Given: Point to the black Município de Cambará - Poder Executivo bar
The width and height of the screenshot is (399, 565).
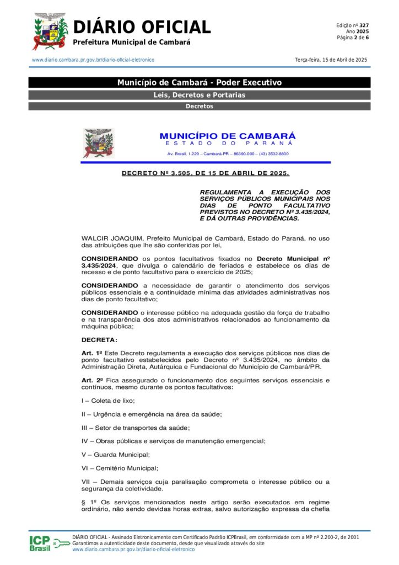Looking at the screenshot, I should click(x=199, y=83).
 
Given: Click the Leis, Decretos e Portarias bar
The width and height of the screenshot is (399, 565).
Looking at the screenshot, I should click(x=199, y=95).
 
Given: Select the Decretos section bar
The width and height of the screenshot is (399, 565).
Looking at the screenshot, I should click(x=199, y=106).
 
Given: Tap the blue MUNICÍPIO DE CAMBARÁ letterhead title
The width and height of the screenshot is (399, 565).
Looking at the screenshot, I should click(x=227, y=136).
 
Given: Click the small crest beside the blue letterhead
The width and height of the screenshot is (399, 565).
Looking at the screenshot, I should click(x=98, y=143).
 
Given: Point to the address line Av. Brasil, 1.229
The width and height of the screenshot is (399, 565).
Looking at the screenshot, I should click(x=227, y=154).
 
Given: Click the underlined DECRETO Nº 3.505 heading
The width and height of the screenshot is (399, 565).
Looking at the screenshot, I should click(x=205, y=174).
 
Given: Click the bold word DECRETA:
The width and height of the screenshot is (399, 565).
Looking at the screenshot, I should click(x=99, y=339).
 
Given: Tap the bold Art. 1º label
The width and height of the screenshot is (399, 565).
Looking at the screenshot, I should click(x=92, y=353).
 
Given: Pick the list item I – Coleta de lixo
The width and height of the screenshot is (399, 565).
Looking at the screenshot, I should click(x=108, y=401).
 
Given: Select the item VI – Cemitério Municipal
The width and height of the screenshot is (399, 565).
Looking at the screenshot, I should click(x=119, y=468).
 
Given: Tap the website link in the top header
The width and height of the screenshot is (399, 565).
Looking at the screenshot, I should click(x=93, y=60).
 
